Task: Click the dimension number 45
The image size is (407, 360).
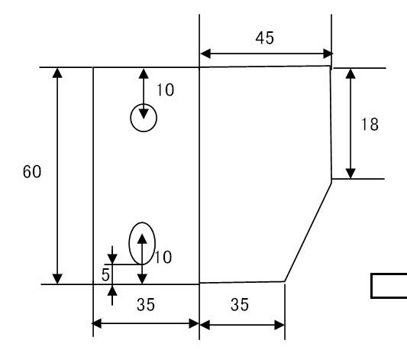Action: (x=264, y=38)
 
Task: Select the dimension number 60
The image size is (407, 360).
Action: (x=32, y=172)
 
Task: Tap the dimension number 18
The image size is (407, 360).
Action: (x=370, y=125)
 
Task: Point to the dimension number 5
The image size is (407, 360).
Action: (x=105, y=275)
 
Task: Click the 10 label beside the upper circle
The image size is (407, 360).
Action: (x=166, y=90)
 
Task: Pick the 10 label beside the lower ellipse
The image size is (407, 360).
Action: (x=163, y=258)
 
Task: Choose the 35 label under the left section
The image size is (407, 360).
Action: (x=146, y=305)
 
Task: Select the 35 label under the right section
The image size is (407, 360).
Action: (x=240, y=305)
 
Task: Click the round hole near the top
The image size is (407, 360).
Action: (x=131, y=118)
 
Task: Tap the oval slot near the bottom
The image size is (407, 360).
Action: (x=129, y=243)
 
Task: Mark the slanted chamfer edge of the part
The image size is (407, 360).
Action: (x=308, y=232)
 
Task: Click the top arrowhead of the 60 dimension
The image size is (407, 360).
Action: (x=57, y=73)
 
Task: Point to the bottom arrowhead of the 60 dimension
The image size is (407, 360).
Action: (x=57, y=279)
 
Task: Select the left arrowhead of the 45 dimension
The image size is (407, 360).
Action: (x=205, y=54)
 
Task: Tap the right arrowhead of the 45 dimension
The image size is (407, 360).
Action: (x=328, y=54)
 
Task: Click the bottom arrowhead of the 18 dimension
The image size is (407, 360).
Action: (x=350, y=174)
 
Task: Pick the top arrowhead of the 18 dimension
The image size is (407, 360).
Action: (x=350, y=73)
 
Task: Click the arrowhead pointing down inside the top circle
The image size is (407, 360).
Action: (x=144, y=115)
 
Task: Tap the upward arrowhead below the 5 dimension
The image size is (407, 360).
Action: (x=112, y=290)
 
